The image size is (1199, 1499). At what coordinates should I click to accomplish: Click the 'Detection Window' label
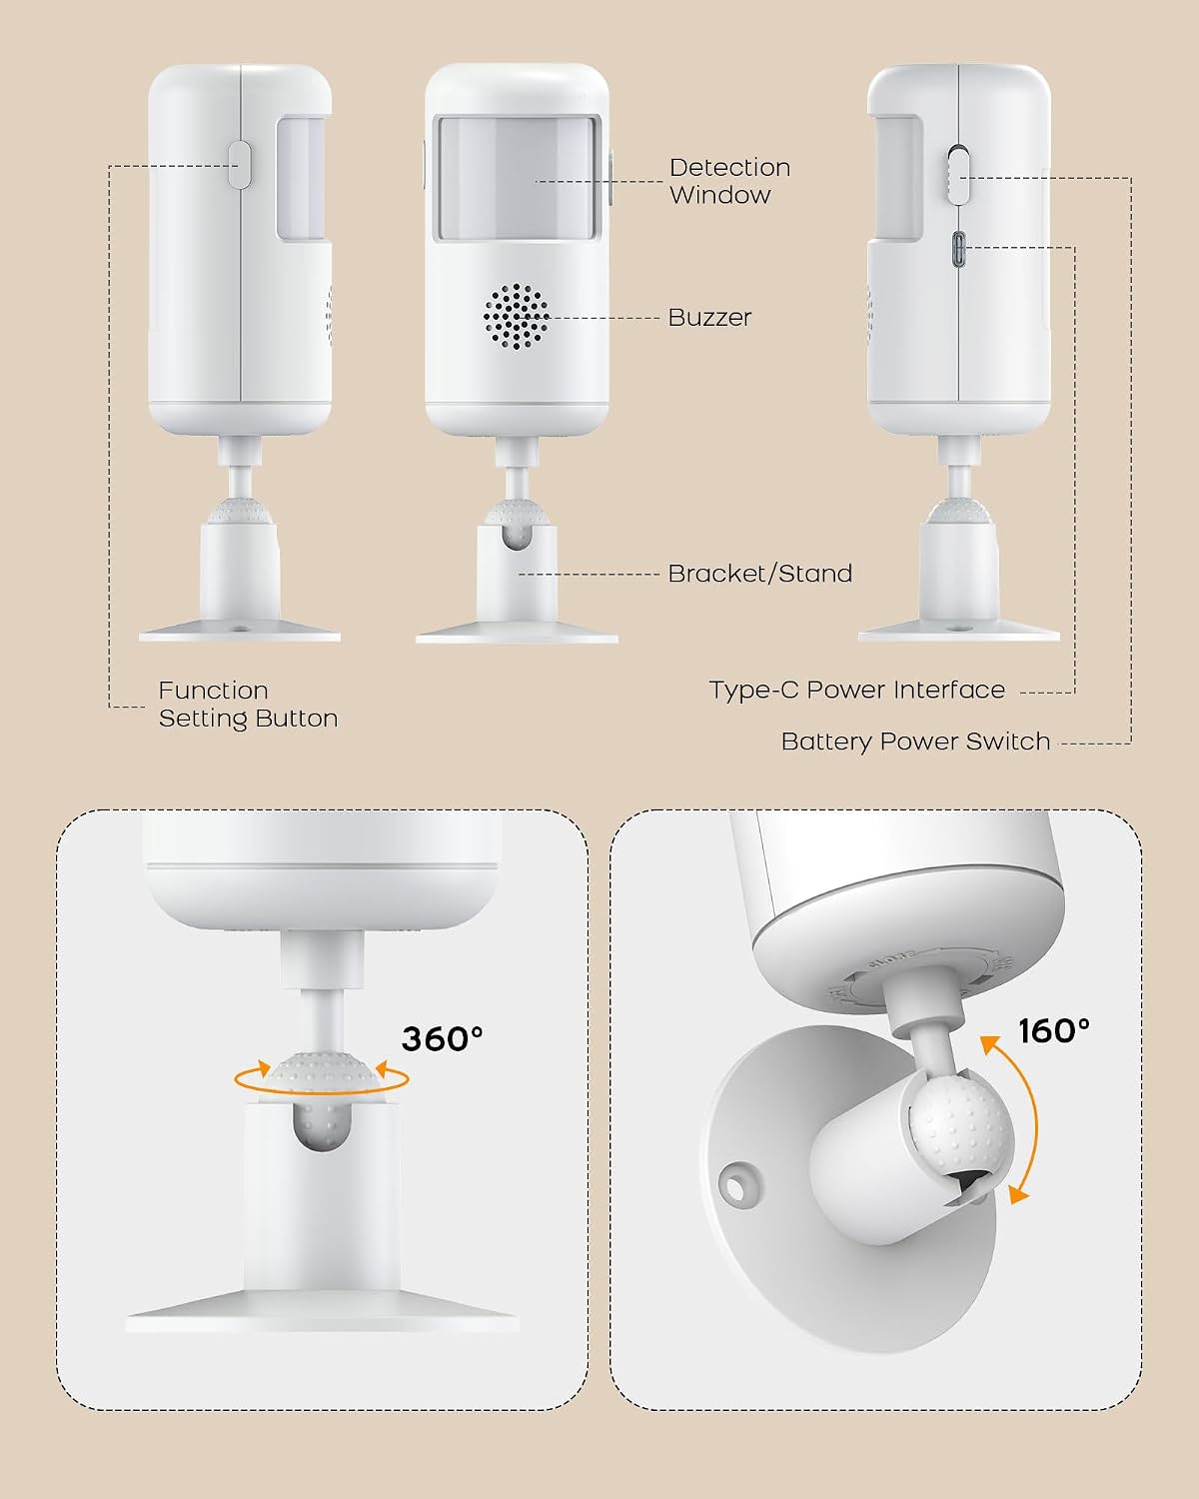(x=729, y=181)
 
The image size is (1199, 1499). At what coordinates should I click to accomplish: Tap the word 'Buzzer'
(x=709, y=318)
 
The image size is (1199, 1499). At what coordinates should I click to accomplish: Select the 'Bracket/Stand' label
(x=759, y=574)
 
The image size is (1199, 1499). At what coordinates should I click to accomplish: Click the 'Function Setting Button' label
(x=248, y=705)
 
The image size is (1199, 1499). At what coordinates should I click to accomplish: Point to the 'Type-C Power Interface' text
(x=857, y=690)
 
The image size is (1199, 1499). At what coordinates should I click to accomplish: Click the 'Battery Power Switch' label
(x=915, y=742)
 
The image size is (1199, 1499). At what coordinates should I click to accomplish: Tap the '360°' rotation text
(x=442, y=1038)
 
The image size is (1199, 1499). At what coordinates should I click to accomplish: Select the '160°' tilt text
(x=1054, y=1031)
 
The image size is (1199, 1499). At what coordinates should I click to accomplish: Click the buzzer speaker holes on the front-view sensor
(x=516, y=316)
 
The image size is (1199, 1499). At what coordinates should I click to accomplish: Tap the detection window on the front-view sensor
(x=517, y=178)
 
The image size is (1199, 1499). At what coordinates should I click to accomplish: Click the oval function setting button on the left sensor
(x=239, y=165)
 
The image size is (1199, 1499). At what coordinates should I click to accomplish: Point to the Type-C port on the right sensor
(x=959, y=249)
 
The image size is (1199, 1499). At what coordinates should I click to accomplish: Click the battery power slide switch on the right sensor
(x=958, y=175)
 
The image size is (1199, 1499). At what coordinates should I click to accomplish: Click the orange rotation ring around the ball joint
(x=322, y=1079)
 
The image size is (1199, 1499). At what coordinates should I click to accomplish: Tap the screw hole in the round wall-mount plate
(x=734, y=1187)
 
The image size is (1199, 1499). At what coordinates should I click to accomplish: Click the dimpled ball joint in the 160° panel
(x=960, y=1122)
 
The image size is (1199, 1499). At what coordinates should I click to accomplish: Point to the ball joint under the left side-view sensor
(x=240, y=513)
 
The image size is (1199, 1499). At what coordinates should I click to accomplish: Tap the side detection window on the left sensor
(x=301, y=179)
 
